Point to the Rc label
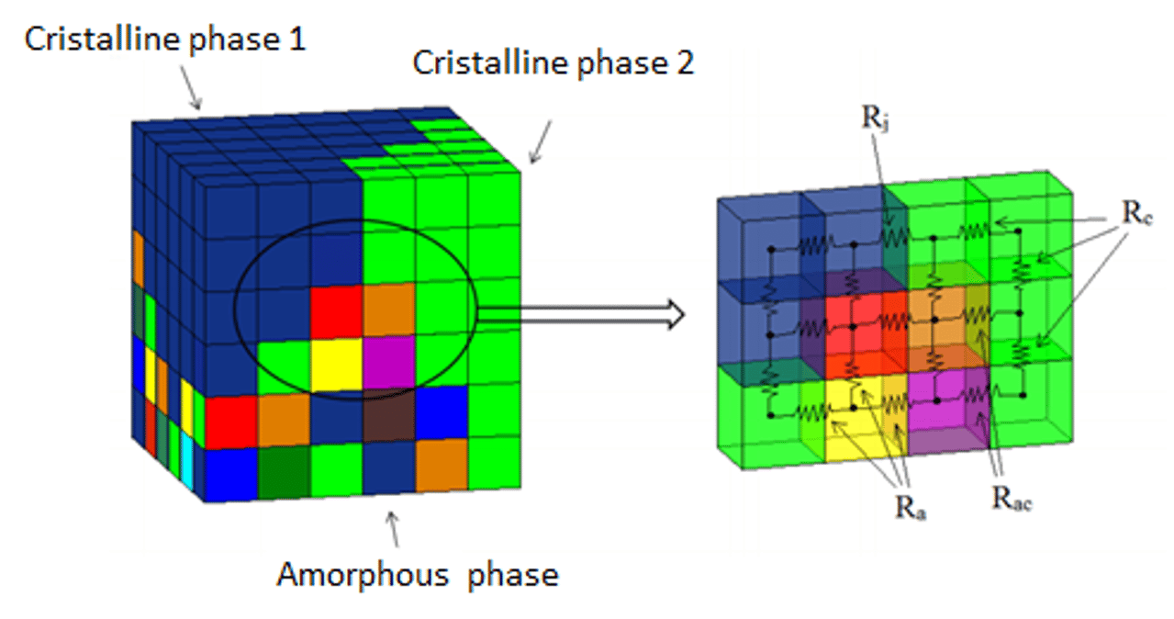(x=1135, y=212)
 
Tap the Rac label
(x=1012, y=499)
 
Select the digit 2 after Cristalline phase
(x=684, y=63)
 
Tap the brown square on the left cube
(x=389, y=424)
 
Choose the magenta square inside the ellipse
(x=389, y=365)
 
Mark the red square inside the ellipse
(x=336, y=312)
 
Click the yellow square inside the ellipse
(x=337, y=365)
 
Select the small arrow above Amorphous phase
(x=394, y=528)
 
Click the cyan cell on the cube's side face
(x=187, y=456)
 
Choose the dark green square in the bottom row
(x=283, y=471)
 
